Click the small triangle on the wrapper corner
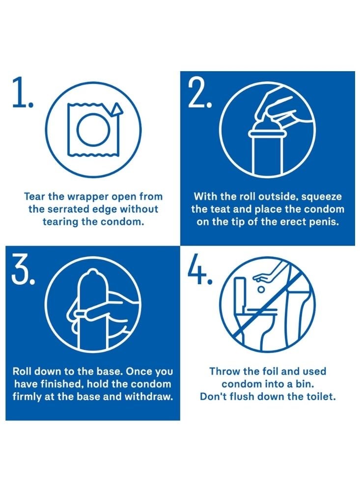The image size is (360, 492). coord(117,109)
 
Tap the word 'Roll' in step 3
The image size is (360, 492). coord(21,371)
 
